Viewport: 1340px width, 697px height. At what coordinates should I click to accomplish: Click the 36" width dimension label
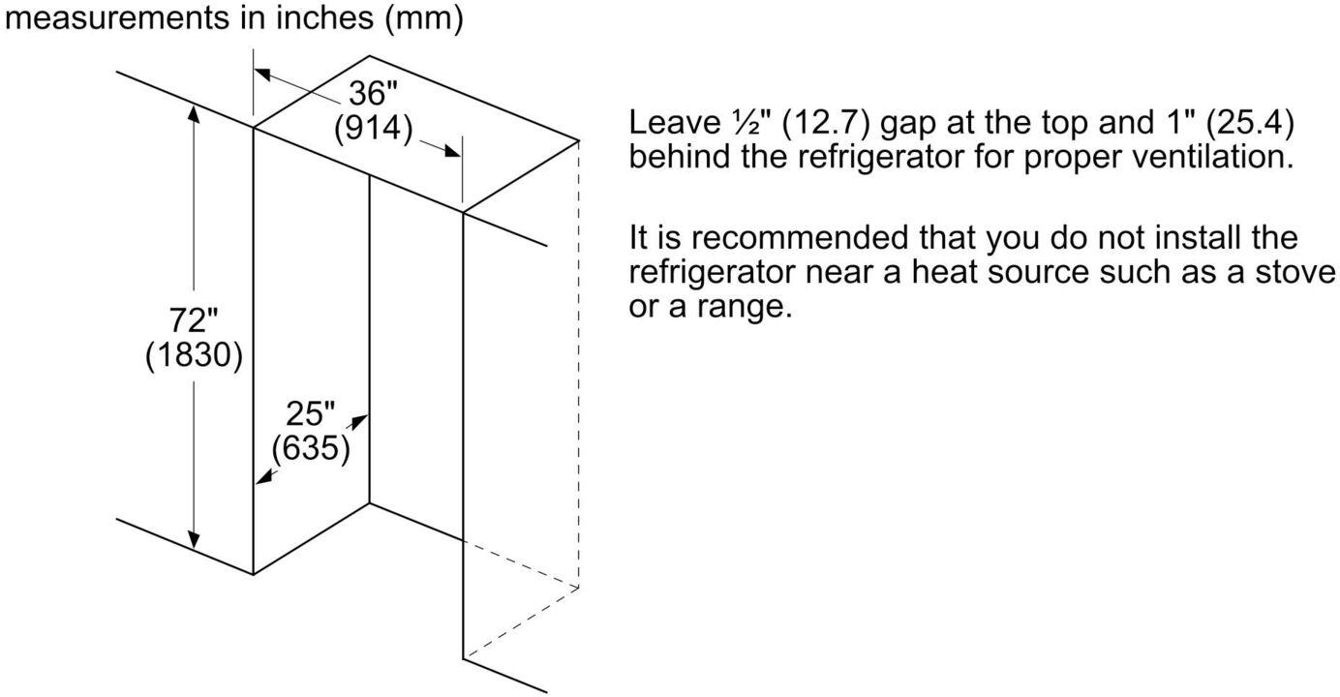point(374,93)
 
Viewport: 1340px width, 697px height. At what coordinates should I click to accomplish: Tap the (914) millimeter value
point(374,128)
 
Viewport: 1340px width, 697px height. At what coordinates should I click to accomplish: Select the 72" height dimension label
point(194,320)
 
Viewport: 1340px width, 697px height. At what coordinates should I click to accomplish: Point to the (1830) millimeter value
point(194,354)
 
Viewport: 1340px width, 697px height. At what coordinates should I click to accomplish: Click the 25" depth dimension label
point(310,413)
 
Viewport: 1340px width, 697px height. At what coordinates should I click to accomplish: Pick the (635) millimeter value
point(311,448)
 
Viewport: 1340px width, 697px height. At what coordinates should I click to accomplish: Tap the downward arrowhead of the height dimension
point(194,539)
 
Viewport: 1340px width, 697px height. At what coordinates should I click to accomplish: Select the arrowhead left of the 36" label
point(263,75)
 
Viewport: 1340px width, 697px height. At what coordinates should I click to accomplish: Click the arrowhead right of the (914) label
point(451,151)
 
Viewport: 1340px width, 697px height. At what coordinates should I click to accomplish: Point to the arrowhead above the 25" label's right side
point(359,422)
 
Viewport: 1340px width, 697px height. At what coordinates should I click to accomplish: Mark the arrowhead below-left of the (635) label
point(263,476)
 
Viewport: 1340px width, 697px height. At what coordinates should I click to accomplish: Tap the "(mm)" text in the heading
point(423,18)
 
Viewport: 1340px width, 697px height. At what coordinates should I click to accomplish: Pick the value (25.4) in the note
point(1250,123)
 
